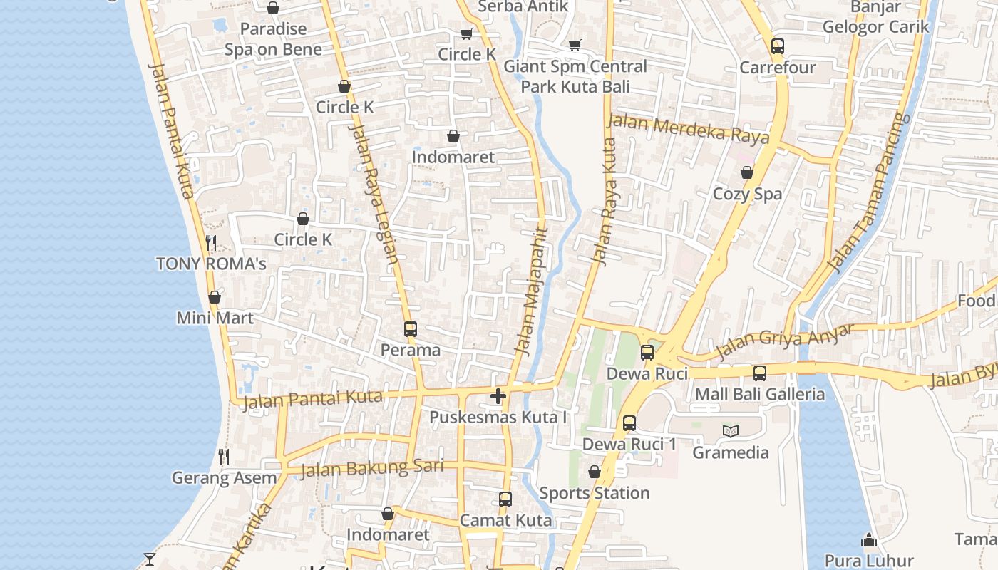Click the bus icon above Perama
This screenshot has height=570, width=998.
[410, 329]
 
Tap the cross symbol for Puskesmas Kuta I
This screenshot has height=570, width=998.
[498, 396]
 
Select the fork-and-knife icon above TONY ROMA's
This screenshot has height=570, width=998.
[211, 243]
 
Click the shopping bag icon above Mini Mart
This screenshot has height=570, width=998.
[214, 297]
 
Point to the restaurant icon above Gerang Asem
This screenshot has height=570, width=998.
[224, 457]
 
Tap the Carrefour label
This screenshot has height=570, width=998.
[777, 68]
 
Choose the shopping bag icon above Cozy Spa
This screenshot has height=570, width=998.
[747, 172]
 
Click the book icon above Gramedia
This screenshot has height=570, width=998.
[731, 431]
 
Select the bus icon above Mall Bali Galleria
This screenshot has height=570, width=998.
[760, 373]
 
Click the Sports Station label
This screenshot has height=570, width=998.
[594, 493]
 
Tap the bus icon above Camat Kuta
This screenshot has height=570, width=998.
[505, 499]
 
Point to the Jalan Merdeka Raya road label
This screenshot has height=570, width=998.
[687, 129]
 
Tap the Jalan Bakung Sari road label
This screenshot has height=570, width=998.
[371, 468]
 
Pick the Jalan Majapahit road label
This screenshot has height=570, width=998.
[530, 291]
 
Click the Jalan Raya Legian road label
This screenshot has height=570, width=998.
[374, 194]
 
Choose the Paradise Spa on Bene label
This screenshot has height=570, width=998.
[273, 39]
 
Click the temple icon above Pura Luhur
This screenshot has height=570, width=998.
[868, 541]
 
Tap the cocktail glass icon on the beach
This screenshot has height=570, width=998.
[150, 558]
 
